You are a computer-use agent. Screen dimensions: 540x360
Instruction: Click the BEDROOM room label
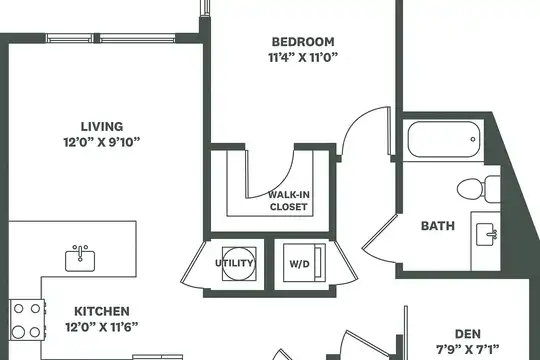(x=303, y=42)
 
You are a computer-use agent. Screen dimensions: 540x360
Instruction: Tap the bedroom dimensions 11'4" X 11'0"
(x=303, y=57)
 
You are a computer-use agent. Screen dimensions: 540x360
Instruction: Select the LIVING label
(x=102, y=126)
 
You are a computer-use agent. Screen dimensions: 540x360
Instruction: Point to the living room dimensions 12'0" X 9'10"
(x=102, y=142)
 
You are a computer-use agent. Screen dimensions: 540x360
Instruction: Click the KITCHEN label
(x=102, y=311)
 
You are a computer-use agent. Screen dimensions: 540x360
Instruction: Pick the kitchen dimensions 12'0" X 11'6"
(x=102, y=327)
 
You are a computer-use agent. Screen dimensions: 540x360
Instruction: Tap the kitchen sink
(x=80, y=258)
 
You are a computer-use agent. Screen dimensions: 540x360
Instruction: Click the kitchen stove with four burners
(x=27, y=320)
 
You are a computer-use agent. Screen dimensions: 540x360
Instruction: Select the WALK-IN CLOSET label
(x=289, y=201)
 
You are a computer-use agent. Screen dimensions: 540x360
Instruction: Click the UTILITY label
(x=234, y=263)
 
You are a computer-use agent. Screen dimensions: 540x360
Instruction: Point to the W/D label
(x=299, y=264)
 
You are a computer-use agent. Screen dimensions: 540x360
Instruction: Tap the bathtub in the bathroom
(x=444, y=139)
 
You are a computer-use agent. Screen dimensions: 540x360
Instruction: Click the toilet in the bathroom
(x=479, y=189)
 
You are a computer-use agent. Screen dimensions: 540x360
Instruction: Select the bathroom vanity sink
(x=486, y=234)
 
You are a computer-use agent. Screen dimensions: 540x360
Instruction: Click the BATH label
(x=438, y=226)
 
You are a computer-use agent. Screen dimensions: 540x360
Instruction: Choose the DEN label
(x=468, y=334)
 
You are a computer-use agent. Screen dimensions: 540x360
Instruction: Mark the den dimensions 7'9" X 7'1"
(x=468, y=350)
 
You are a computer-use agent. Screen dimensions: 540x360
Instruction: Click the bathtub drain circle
(x=473, y=139)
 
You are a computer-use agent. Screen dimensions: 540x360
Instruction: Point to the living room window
(x=111, y=38)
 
